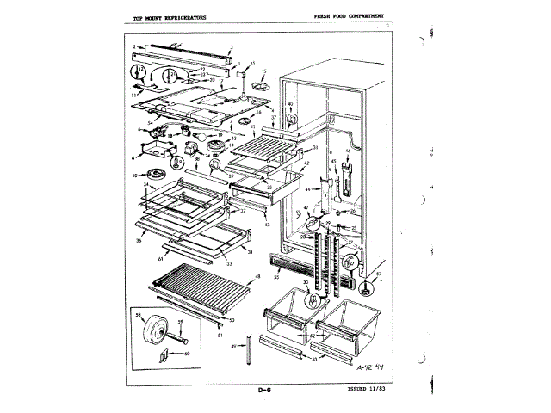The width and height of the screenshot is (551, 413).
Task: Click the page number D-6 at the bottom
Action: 265,392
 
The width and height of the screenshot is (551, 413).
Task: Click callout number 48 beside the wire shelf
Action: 257,276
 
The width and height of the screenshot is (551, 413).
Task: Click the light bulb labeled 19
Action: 199,135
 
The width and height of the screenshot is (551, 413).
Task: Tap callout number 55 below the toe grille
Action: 276,278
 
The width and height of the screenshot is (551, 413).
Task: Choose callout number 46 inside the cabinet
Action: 346,152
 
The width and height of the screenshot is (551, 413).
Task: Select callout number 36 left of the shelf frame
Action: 139,240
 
